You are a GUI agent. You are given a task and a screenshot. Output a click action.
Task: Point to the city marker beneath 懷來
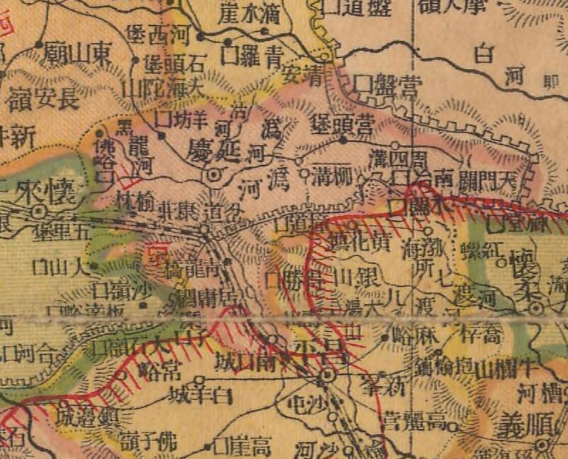(38, 211)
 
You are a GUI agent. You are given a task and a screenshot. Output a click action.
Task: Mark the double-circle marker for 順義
(543, 445)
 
